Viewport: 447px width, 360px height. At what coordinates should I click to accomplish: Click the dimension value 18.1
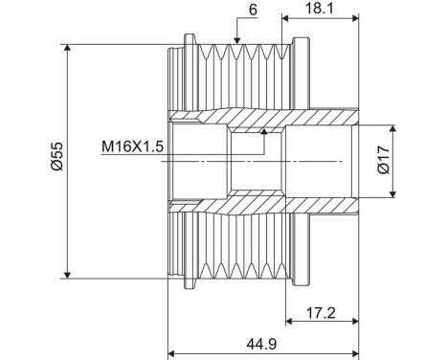coord(321,8)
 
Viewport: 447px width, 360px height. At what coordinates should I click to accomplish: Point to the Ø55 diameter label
coord(56,159)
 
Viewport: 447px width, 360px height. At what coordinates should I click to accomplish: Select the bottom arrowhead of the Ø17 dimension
coord(393,194)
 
